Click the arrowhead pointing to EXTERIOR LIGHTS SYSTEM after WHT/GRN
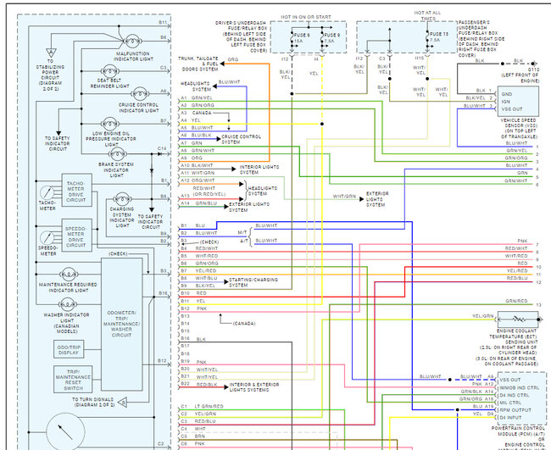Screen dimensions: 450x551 point(362,197)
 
